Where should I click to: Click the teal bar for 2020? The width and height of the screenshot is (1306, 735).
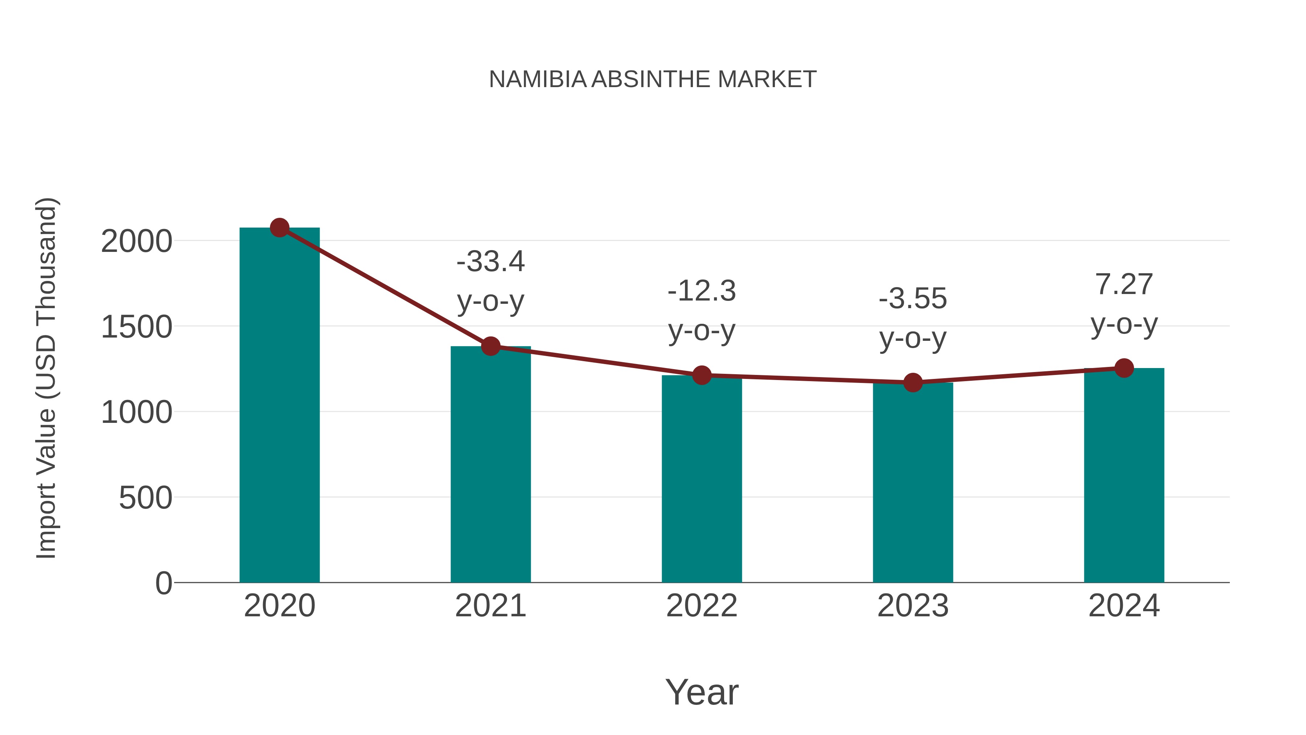(279, 406)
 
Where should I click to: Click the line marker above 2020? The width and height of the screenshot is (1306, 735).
(279, 228)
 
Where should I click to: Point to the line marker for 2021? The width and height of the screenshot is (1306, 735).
(490, 347)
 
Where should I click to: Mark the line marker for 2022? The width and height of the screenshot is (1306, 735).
(702, 375)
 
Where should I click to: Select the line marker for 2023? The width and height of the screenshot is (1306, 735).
(913, 383)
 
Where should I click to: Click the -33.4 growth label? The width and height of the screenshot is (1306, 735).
(490, 262)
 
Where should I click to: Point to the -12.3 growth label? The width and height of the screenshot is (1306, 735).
(702, 291)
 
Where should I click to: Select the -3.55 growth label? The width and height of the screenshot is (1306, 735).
(913, 298)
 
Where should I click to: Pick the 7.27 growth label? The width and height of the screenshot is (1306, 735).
(1124, 284)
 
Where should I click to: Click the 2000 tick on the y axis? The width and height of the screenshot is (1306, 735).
(136, 241)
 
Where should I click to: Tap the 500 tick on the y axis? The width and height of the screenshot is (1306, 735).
(145, 498)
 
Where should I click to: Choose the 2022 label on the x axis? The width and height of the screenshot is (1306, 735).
(702, 606)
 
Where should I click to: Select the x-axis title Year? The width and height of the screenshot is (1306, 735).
(702, 692)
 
